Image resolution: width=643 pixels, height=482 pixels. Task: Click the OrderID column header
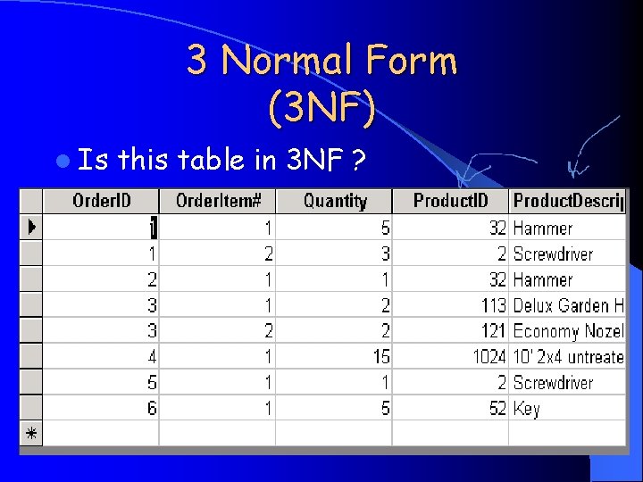point(101,201)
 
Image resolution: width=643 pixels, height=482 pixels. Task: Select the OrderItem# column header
point(219,201)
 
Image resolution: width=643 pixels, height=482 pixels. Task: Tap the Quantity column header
point(335,201)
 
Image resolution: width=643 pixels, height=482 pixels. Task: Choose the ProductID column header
point(451,201)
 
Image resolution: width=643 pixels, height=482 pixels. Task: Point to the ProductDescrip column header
point(568,201)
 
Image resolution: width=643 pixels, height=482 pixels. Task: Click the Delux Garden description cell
point(568,305)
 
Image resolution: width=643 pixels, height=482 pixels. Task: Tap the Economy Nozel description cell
point(568,331)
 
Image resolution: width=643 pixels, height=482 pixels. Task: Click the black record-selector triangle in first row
point(31,227)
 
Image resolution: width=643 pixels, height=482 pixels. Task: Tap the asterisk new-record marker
point(31,434)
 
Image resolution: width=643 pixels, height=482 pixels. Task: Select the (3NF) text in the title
point(321,107)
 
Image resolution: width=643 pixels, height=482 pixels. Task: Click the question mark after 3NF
point(357,161)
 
